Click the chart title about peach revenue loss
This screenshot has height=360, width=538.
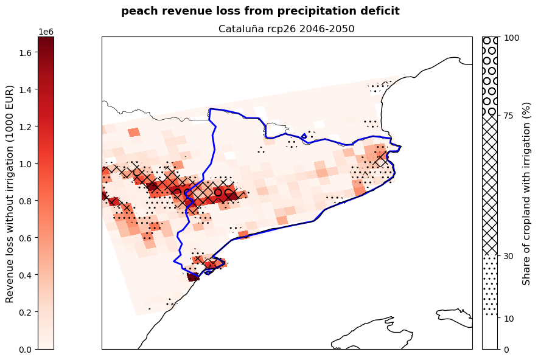(x=260, y=11)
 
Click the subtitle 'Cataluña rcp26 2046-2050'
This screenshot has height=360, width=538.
(x=286, y=29)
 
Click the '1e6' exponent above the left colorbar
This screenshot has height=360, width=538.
(x=46, y=32)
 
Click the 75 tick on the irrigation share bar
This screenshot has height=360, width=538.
(x=508, y=116)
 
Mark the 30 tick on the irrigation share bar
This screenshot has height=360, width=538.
(x=508, y=256)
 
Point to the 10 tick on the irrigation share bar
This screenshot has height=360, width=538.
(x=508, y=318)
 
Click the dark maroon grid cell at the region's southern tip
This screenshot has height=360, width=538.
(x=192, y=277)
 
